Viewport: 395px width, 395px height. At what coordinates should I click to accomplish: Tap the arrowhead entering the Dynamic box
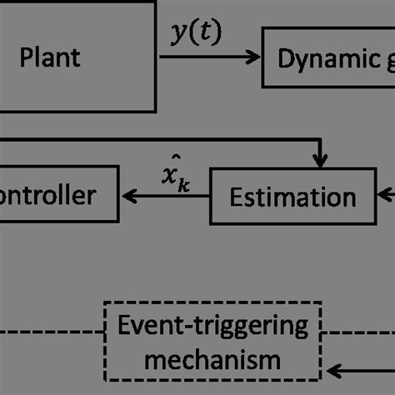pyautogui.click(x=254, y=57)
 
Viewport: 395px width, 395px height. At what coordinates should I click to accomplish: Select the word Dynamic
pyautogui.click(x=319, y=59)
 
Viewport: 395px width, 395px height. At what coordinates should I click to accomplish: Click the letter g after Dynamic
pyautogui.click(x=385, y=61)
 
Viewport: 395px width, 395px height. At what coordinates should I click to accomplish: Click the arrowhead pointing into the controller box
pyautogui.click(x=127, y=197)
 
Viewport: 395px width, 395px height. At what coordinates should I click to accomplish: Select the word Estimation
pyautogui.click(x=292, y=197)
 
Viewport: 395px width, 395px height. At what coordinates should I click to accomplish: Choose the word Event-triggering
pyautogui.click(x=211, y=327)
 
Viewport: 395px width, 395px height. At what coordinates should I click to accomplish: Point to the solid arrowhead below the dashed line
pyautogui.click(x=332, y=370)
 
